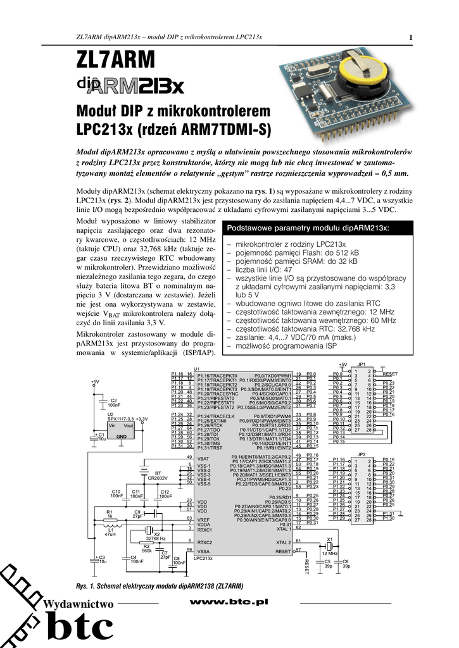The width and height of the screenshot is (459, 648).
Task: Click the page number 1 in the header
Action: [x=411, y=37]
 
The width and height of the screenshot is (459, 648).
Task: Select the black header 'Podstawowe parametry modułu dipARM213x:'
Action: [x=308, y=227]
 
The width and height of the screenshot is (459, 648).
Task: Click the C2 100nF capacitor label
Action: [x=114, y=402]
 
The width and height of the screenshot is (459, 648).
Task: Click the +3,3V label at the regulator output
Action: [x=141, y=419]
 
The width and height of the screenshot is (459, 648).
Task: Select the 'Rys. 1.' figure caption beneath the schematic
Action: [x=84, y=585]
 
